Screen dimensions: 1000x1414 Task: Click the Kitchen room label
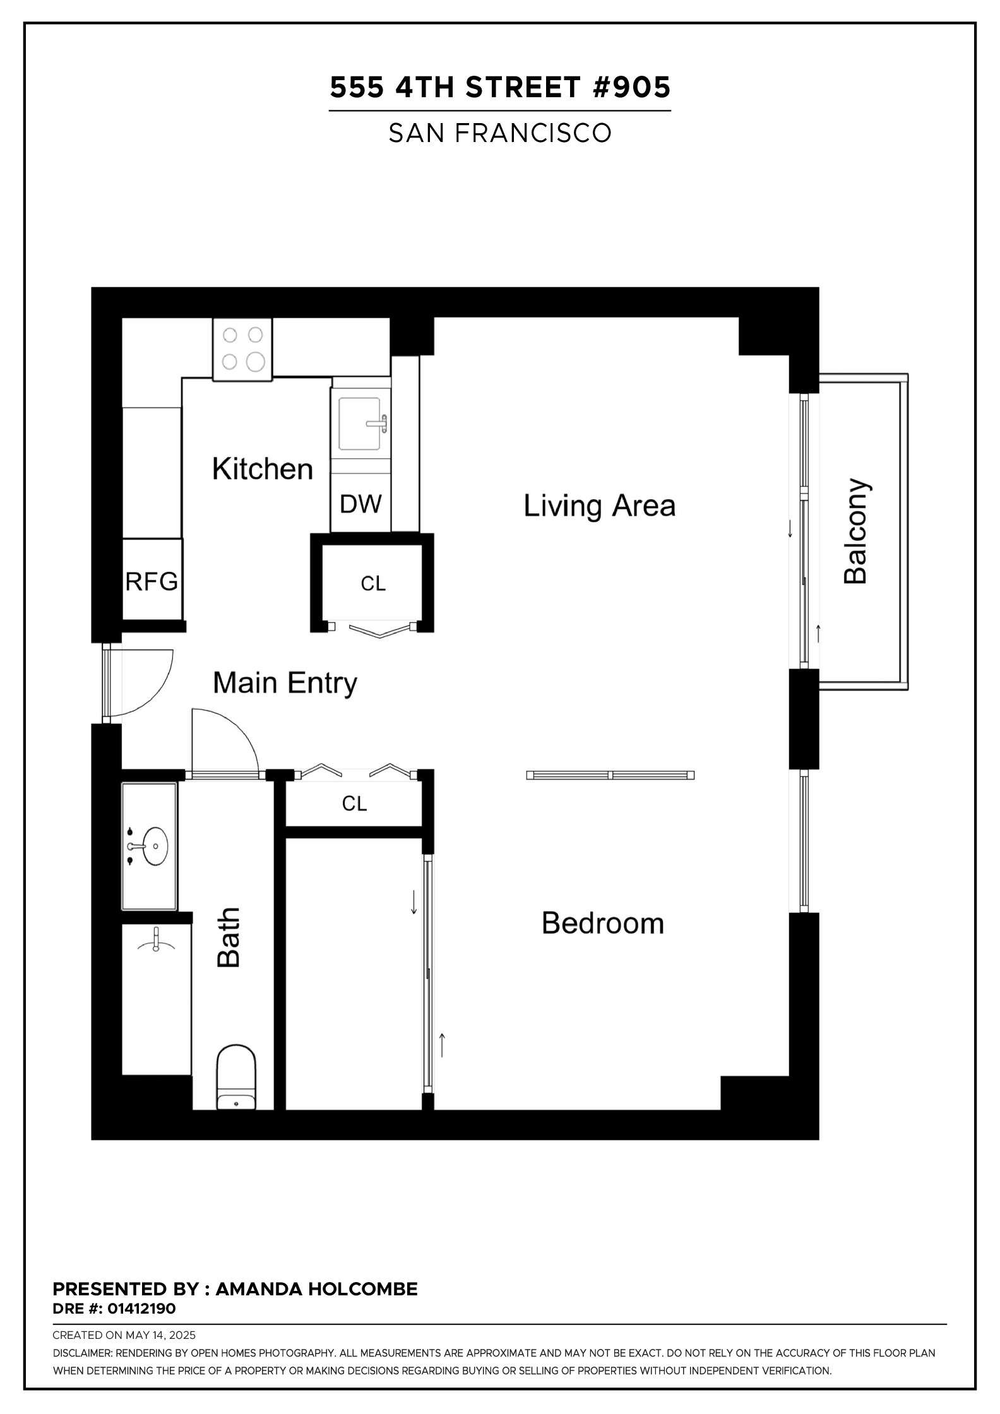pyautogui.click(x=263, y=469)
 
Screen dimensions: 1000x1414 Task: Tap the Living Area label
pyautogui.click(x=600, y=506)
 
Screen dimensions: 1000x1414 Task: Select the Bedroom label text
pyautogui.click(x=603, y=924)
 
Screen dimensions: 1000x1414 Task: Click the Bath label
pyautogui.click(x=229, y=937)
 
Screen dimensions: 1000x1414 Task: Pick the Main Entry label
pyautogui.click(x=285, y=684)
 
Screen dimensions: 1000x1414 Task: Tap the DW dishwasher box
pyautogui.click(x=360, y=503)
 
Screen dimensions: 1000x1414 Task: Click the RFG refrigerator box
pyautogui.click(x=152, y=579)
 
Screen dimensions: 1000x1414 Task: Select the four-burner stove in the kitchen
pyautogui.click(x=242, y=350)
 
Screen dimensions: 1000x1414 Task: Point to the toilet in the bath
pyautogui.click(x=236, y=1077)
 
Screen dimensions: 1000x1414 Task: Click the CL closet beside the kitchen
pyautogui.click(x=372, y=584)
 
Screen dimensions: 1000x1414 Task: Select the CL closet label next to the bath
pyautogui.click(x=354, y=804)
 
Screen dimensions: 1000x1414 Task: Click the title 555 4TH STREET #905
pyautogui.click(x=500, y=87)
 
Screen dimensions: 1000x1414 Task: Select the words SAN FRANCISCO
pyautogui.click(x=500, y=133)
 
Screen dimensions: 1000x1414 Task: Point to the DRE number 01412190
pyautogui.click(x=141, y=1309)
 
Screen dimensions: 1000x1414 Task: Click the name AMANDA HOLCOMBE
pyautogui.click(x=317, y=1289)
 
